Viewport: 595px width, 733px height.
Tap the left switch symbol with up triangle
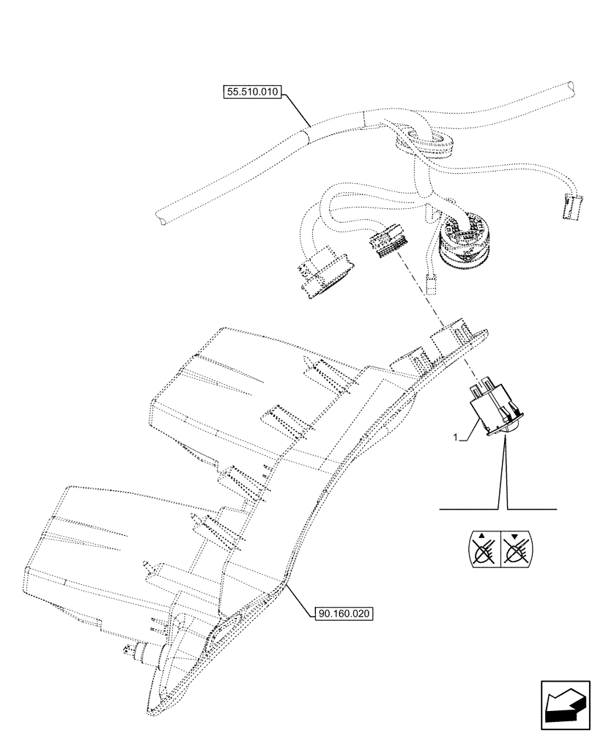click(x=481, y=550)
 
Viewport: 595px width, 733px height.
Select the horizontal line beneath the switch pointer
click(x=498, y=508)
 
